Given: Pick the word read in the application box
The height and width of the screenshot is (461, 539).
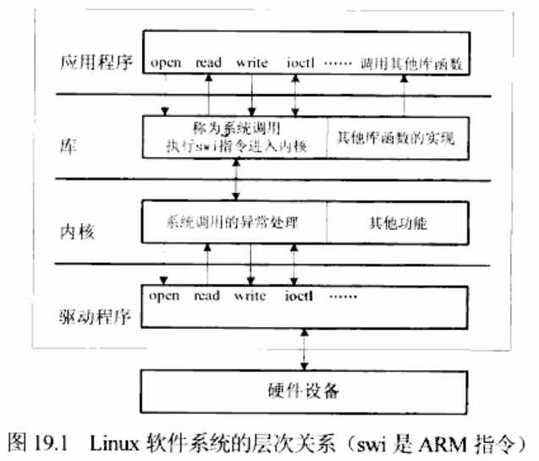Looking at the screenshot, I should (207, 63).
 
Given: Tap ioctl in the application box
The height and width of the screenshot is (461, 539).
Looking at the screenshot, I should (299, 63).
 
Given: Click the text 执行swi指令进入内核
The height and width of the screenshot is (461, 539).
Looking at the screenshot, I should (235, 145).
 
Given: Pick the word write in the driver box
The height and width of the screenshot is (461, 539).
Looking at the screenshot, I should (250, 295).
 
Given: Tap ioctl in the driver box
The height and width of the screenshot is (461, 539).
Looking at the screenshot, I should (300, 295).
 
